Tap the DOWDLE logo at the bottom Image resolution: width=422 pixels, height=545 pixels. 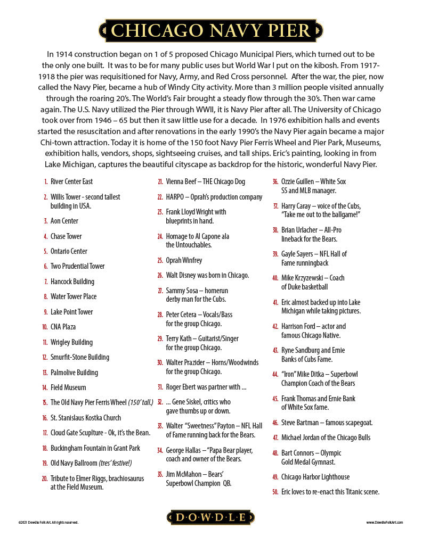[211, 517]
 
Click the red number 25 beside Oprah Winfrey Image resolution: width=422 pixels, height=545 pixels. [160, 261]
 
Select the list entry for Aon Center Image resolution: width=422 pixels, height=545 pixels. [64, 221]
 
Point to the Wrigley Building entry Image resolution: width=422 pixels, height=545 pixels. [71, 342]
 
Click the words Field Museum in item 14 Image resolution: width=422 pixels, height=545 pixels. [68, 387]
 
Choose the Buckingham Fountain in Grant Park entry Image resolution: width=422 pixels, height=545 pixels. [95, 448]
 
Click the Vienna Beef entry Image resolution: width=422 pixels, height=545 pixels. [205, 181]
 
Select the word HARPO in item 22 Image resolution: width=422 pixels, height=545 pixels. [175, 197]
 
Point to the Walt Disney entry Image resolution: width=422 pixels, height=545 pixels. [207, 276]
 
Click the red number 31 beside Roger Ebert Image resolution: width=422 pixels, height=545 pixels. [160, 387]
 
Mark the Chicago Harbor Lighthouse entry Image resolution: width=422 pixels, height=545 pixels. [315, 477]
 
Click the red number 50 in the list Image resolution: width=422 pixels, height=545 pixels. [275, 492]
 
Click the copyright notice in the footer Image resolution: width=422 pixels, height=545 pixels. [48, 523]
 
